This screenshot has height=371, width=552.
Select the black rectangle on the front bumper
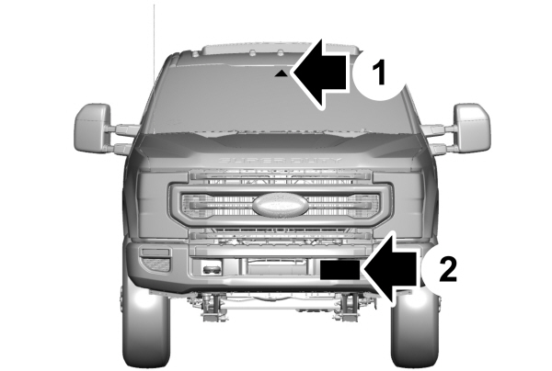341,269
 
